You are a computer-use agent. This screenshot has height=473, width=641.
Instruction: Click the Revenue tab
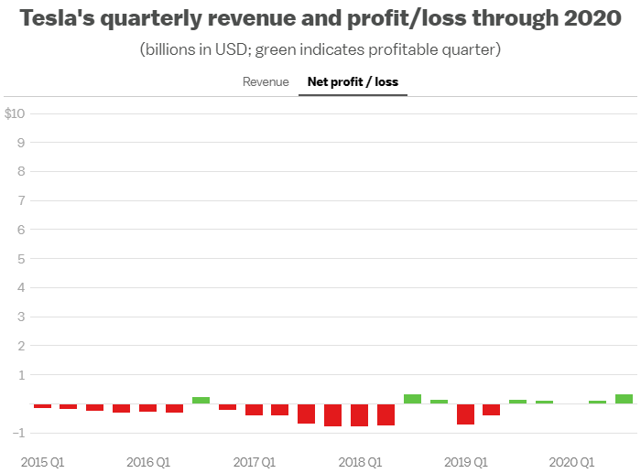click(x=266, y=82)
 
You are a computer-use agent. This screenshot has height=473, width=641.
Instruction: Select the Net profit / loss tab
click(x=353, y=82)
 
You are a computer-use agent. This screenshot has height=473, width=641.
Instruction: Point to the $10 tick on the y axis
click(x=15, y=113)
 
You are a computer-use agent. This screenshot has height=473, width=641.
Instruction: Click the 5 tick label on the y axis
click(x=19, y=259)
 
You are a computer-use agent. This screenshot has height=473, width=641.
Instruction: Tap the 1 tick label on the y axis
click(x=19, y=375)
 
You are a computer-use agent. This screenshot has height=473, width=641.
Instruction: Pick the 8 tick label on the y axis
click(x=19, y=171)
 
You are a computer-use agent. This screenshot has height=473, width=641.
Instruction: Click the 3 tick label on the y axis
click(x=19, y=317)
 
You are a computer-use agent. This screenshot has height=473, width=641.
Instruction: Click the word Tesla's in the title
click(x=58, y=19)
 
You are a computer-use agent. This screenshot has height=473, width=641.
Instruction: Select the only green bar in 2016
click(x=201, y=401)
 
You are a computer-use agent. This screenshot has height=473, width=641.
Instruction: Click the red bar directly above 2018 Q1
click(x=359, y=415)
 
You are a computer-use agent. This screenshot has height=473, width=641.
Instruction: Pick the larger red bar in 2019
click(x=465, y=414)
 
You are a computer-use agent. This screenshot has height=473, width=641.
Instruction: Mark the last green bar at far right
click(x=624, y=399)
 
